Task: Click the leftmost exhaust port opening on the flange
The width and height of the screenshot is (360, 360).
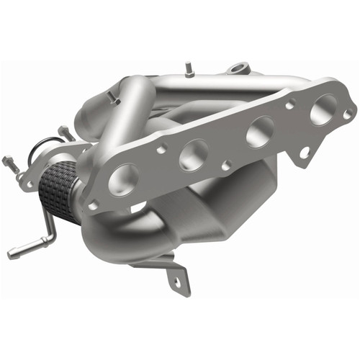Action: pyautogui.click(x=124, y=178)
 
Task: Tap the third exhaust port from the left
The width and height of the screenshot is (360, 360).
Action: pyautogui.click(x=259, y=132)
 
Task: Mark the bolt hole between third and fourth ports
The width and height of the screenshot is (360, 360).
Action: pyautogui.click(x=289, y=105)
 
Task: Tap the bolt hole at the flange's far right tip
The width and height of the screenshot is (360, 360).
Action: pyautogui.click(x=347, y=113)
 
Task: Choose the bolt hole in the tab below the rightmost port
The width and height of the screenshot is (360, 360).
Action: pyautogui.click(x=305, y=153)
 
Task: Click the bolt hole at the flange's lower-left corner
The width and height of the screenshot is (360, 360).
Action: pyautogui.click(x=93, y=205)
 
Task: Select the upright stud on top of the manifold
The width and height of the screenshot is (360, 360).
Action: pyautogui.click(x=189, y=69)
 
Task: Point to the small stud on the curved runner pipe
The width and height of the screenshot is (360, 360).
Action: pyautogui.click(x=112, y=96)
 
